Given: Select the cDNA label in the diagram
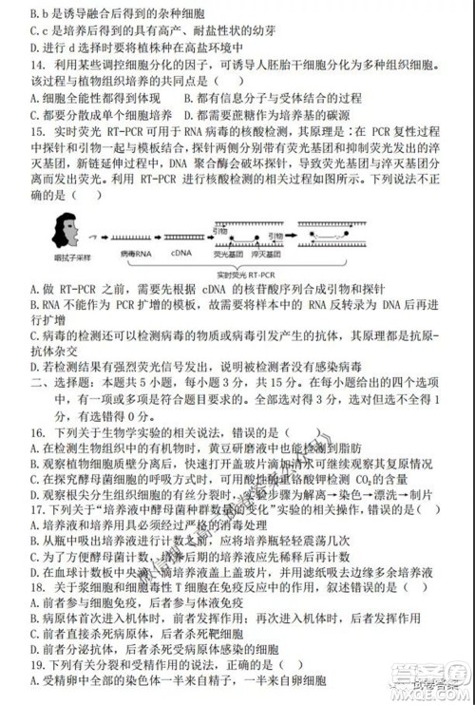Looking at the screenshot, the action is [x=183, y=255].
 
